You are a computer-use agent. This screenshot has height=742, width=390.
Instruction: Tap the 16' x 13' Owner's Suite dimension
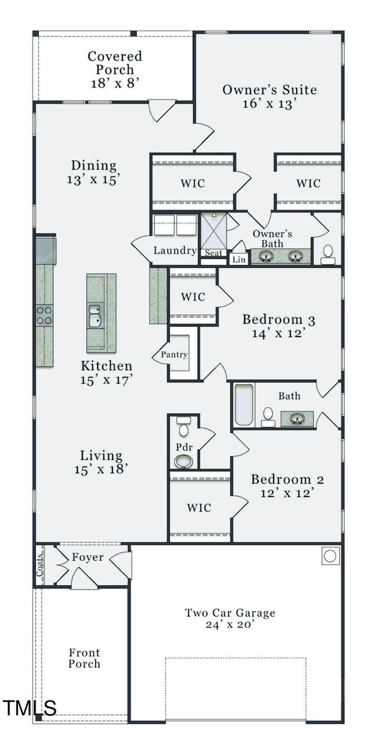coord(270,104)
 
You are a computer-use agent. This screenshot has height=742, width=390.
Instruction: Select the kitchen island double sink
coord(95,316)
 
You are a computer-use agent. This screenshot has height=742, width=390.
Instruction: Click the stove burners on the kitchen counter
coord(44,315)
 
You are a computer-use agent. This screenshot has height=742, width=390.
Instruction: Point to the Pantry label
coord(174,354)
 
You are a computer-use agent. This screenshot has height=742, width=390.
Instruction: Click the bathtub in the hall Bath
coord(244,404)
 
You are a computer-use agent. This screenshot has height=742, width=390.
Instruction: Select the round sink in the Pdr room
coord(183,461)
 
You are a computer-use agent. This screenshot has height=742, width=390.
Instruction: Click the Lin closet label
coord(239,260)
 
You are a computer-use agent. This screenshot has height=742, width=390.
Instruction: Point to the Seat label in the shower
coord(213,253)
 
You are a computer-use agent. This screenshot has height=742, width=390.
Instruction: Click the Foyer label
coord(88,557)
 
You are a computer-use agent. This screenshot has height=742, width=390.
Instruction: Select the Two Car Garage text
coord(230,613)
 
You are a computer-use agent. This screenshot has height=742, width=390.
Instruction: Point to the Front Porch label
coord(84,658)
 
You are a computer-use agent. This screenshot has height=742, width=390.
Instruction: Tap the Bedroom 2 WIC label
coord(199,508)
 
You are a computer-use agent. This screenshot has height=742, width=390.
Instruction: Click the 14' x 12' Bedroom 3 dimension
coord(278,333)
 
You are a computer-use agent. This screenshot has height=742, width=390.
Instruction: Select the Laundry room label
coord(175,250)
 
